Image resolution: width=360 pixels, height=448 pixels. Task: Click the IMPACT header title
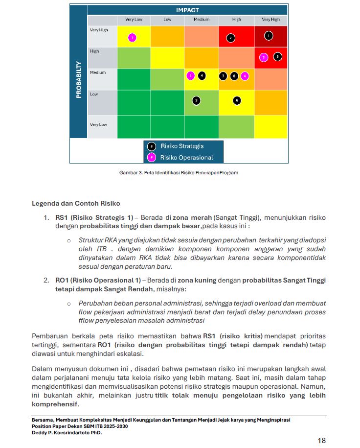pos(187,10)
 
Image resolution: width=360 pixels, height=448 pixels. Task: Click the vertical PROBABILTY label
pos(79,79)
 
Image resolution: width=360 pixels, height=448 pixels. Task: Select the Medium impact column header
pos(201,20)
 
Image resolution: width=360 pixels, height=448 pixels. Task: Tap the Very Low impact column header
pos(134,20)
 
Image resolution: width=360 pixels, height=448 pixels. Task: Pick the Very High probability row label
pos(99,30)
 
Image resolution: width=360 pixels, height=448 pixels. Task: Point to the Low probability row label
pos(94,94)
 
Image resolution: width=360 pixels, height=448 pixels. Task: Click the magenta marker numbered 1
pos(132,38)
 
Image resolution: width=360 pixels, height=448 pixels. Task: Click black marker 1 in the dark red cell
pos(268,36)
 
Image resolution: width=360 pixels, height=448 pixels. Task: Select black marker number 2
pos(231,38)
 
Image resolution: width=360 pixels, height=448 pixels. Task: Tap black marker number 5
pos(278,56)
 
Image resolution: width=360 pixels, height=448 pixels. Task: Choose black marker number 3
pos(196,100)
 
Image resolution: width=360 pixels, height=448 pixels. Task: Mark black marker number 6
pos(237,100)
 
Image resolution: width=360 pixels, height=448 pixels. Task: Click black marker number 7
pos(223,76)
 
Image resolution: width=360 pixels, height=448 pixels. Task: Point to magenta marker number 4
pos(245,76)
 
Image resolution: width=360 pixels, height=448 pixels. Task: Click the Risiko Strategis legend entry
pos(182,146)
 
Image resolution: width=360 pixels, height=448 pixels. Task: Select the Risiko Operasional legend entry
pos(186,158)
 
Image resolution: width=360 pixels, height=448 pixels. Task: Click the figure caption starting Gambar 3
pos(179,173)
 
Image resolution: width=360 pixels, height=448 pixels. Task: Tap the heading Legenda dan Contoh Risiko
pos(76,203)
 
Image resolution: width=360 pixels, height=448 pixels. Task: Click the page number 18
pos(321,440)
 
